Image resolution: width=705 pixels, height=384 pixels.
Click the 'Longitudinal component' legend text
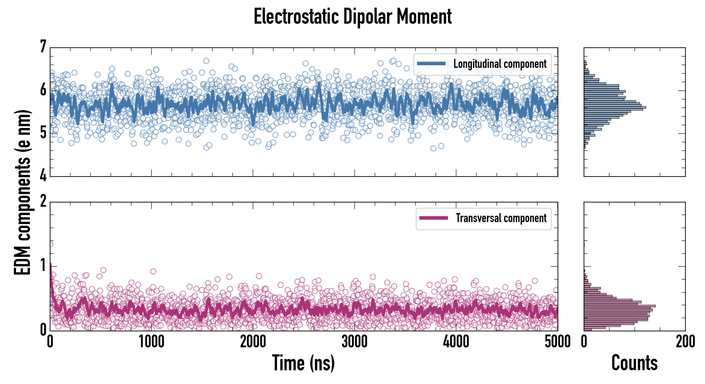point(500,64)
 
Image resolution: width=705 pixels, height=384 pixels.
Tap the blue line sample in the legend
point(431,64)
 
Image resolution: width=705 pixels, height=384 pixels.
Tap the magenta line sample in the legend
point(433,218)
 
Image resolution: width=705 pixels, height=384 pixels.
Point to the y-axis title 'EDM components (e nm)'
point(22,192)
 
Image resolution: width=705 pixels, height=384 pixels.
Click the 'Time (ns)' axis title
point(303,363)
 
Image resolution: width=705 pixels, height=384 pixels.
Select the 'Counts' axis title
point(634,363)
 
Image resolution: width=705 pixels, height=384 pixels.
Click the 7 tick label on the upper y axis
point(43,47)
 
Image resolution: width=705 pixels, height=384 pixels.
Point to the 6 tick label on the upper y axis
point(43,90)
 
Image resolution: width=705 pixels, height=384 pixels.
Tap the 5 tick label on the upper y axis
point(43,133)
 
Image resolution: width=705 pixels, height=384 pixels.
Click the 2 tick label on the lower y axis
point(43,201)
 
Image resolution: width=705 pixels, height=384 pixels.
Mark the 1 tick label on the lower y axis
point(43,266)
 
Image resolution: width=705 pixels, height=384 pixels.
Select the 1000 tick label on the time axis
point(151,342)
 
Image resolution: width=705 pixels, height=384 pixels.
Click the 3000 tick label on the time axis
point(354,342)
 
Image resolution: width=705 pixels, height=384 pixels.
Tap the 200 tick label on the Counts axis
point(685,342)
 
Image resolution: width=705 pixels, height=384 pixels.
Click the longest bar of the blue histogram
point(615,107)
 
